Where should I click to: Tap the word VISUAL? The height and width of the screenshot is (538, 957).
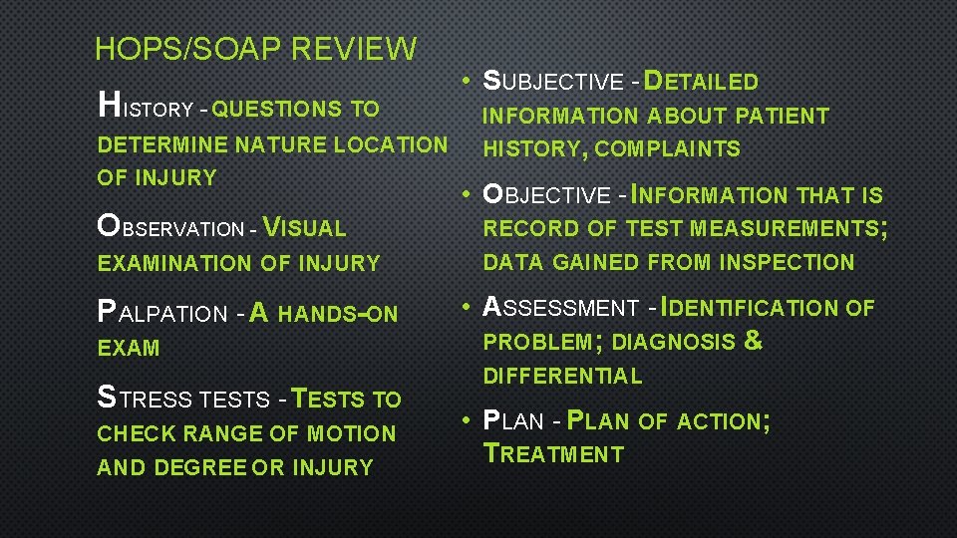[x=304, y=228]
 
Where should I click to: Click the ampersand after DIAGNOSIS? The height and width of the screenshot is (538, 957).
[x=754, y=341]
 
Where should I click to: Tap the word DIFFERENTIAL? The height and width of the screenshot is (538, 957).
[x=563, y=376]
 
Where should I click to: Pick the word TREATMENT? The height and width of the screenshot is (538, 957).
[x=553, y=454]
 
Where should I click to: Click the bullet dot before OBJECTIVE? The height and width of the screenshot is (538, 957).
[x=466, y=195]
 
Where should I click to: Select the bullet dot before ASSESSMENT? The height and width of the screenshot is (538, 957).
[x=466, y=308]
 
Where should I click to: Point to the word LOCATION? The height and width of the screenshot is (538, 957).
[x=391, y=144]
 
